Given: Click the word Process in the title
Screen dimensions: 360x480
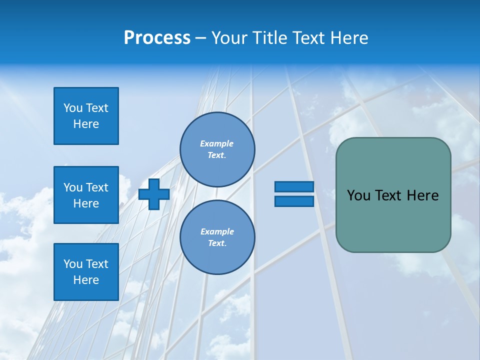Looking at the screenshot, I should pyautogui.click(x=157, y=38).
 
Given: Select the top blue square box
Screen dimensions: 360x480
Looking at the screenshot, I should pyautogui.click(x=86, y=116).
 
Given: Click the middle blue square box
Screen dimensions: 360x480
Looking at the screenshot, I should pyautogui.click(x=86, y=195).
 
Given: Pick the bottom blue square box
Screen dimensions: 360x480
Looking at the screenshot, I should pyautogui.click(x=86, y=272).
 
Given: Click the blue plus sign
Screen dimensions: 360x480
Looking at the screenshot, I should pyautogui.click(x=154, y=194).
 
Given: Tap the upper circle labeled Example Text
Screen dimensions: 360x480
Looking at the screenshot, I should pyautogui.click(x=217, y=149).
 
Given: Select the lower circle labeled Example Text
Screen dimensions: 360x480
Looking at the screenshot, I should pyautogui.click(x=217, y=237).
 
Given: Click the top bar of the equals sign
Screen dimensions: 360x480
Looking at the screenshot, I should pyautogui.click(x=294, y=186).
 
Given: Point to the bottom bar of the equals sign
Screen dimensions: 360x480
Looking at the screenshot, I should pyautogui.click(x=294, y=201).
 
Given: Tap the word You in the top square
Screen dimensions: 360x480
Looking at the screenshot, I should pyautogui.click(x=73, y=108).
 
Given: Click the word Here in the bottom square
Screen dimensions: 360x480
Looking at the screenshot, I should pyautogui.click(x=86, y=280).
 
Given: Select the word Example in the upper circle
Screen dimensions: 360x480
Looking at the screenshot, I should pyautogui.click(x=217, y=143).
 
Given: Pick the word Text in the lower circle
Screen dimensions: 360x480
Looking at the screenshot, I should pyautogui.click(x=216, y=243).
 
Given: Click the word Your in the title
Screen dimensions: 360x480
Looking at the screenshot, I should pyautogui.click(x=228, y=38).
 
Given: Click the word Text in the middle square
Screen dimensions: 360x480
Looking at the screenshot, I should pyautogui.click(x=96, y=187).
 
